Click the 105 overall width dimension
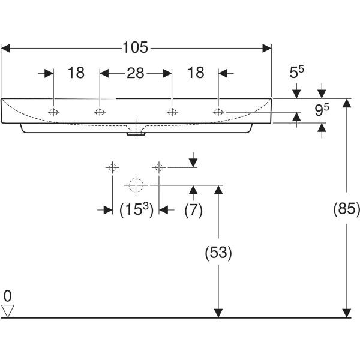136,47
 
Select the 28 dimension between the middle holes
136,73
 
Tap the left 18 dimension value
76,73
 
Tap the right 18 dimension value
196,73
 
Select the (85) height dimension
346,209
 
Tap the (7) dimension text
193,210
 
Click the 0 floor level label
7,296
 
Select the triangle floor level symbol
8,310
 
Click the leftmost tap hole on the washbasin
54,112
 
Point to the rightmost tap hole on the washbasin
219,112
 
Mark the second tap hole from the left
99,112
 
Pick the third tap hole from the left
172,112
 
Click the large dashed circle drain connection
136,185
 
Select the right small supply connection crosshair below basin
159,167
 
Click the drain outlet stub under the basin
139,134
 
